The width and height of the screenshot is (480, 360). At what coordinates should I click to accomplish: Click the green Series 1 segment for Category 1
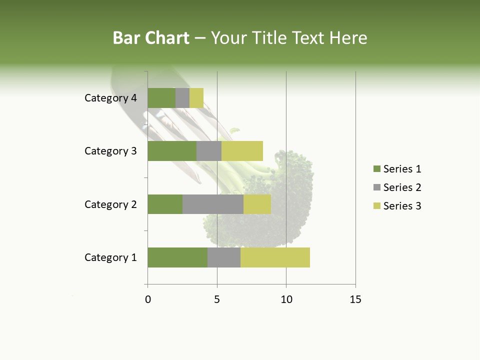(x=177, y=257)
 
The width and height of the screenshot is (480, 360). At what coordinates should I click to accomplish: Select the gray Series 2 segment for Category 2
(x=213, y=204)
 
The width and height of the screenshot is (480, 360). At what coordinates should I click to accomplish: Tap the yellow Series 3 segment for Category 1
(x=275, y=257)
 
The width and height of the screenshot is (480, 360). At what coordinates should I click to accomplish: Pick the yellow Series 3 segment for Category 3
(x=242, y=151)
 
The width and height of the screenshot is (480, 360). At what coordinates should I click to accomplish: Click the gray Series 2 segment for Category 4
(x=182, y=98)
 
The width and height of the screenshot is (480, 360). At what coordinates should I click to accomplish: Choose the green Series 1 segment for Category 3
(x=172, y=151)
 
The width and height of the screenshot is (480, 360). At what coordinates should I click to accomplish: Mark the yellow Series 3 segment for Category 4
(x=196, y=98)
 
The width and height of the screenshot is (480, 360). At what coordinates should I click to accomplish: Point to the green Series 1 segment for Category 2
(x=165, y=204)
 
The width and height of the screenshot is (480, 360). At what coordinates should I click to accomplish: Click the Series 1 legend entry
(x=397, y=169)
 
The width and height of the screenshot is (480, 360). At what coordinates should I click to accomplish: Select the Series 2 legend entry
(x=397, y=187)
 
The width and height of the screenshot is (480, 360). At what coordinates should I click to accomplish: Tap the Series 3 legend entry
(x=397, y=206)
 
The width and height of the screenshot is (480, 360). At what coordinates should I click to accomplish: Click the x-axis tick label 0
(x=147, y=299)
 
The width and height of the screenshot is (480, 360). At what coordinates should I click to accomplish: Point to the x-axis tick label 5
(x=217, y=299)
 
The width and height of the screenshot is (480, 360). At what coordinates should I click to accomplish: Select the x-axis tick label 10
(x=286, y=299)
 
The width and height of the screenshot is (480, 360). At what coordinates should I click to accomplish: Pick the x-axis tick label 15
(x=355, y=299)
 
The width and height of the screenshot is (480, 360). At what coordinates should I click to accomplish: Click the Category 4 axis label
(x=110, y=98)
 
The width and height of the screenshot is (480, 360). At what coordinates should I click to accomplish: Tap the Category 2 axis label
(x=110, y=204)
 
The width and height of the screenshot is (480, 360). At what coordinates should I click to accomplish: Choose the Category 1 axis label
(x=110, y=257)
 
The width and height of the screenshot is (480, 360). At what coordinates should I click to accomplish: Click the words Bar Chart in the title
(x=151, y=38)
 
